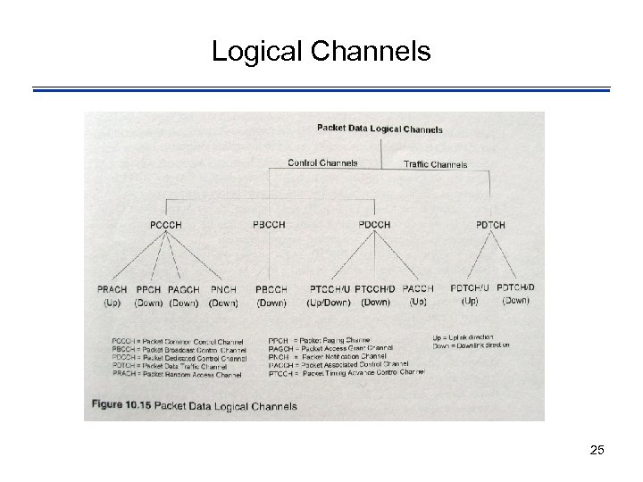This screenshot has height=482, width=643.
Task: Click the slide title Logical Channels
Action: pyautogui.click(x=321, y=52)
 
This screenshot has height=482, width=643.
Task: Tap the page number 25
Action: pyautogui.click(x=597, y=450)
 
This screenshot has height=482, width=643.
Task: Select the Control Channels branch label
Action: pyautogui.click(x=322, y=162)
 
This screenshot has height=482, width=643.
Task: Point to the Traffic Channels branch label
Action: pyautogui.click(x=435, y=164)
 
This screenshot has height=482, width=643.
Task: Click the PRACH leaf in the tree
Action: pyautogui.click(x=113, y=289)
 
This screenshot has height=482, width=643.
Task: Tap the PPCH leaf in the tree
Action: pyautogui.click(x=148, y=289)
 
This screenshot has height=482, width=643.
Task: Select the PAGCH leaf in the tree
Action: pyautogui.click(x=183, y=289)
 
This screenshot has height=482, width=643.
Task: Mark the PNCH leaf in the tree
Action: pyautogui.click(x=222, y=289)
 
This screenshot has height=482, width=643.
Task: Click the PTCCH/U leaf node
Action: pyautogui.click(x=330, y=289)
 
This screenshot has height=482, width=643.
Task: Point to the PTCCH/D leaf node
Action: pyautogui.click(x=375, y=289)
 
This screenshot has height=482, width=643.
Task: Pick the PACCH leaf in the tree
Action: pyautogui.click(x=418, y=289)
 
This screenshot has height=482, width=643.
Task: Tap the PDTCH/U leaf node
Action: pyautogui.click(x=470, y=287)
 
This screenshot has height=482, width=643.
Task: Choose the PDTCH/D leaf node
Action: pyautogui.click(x=515, y=287)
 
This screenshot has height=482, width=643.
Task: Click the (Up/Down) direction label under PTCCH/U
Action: pyautogui.click(x=330, y=303)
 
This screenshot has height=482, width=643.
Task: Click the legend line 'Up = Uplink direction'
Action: pyautogui.click(x=470, y=337)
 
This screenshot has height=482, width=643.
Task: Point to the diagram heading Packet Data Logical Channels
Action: pyautogui.click(x=380, y=129)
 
